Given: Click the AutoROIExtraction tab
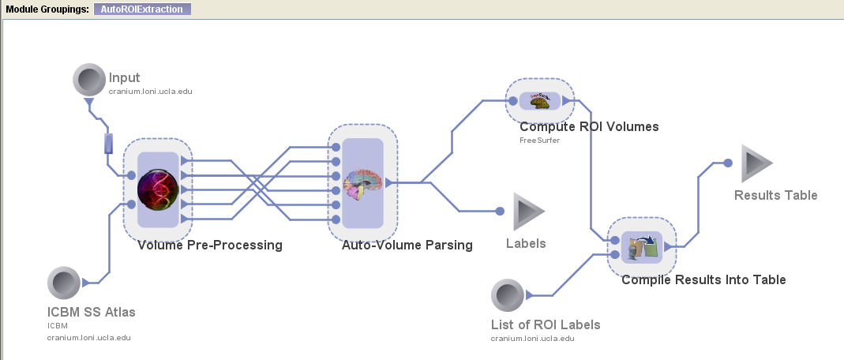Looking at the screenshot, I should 141,9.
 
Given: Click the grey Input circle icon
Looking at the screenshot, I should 88,80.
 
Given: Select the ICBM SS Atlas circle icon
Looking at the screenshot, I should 62,283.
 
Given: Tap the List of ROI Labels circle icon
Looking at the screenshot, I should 506,295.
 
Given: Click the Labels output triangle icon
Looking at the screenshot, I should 528,212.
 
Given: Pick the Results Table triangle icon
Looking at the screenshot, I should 756,163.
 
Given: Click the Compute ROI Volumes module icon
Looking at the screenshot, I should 539,100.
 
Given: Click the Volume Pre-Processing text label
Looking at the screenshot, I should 209,245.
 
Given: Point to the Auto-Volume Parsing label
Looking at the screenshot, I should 407,245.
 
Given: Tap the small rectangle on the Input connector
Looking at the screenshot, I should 109,144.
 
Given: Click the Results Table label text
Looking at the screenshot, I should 775,195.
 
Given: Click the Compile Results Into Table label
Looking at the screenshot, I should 703,279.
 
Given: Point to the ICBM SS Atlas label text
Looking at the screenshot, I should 92,312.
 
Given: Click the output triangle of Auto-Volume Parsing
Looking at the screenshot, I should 389,182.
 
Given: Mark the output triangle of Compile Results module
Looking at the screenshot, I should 668,247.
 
